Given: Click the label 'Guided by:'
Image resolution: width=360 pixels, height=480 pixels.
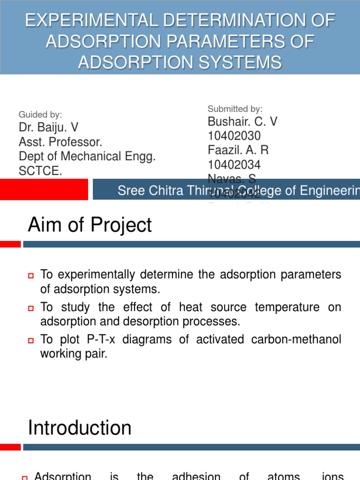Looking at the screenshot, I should (x=40, y=114).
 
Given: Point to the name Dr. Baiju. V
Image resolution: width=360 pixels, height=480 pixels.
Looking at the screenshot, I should (x=48, y=127).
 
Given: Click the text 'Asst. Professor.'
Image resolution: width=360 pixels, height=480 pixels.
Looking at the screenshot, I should (x=60, y=142).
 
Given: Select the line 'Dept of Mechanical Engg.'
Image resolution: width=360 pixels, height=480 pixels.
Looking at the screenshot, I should (x=87, y=157).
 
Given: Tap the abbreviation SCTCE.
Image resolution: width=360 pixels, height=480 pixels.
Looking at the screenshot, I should (x=40, y=171).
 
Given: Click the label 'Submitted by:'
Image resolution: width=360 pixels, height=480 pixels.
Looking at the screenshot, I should (x=235, y=109).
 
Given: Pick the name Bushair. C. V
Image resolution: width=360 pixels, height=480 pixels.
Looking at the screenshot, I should (x=242, y=122).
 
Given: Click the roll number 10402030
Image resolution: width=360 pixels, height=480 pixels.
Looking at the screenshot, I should (x=234, y=136).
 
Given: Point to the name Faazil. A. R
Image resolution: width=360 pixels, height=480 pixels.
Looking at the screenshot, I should (x=238, y=150).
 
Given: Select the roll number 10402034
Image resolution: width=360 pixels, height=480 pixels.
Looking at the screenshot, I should (x=234, y=165).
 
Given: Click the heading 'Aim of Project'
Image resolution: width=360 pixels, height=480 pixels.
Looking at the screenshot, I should (x=90, y=225).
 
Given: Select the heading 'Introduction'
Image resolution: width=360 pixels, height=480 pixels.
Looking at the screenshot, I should (x=80, y=428).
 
